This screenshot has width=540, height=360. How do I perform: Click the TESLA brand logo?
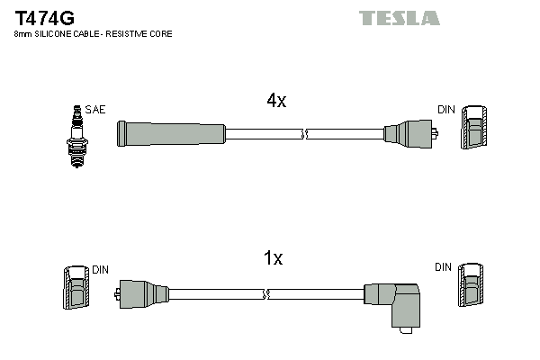tap(399, 17)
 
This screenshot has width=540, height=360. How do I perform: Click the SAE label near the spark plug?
tap(95, 110)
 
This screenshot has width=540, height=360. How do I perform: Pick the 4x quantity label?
tap(276, 102)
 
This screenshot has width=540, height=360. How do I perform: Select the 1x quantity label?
tap(273, 259)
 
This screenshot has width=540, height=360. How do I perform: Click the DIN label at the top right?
tap(446, 110)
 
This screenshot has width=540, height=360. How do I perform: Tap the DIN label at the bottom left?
tap(100, 269)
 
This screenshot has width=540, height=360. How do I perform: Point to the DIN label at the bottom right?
tap(443, 267)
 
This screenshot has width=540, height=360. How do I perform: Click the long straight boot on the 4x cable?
tap(171, 134)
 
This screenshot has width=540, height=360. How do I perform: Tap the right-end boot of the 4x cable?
tap(410, 134)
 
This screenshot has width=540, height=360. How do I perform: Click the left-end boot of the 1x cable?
tap(143, 293)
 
